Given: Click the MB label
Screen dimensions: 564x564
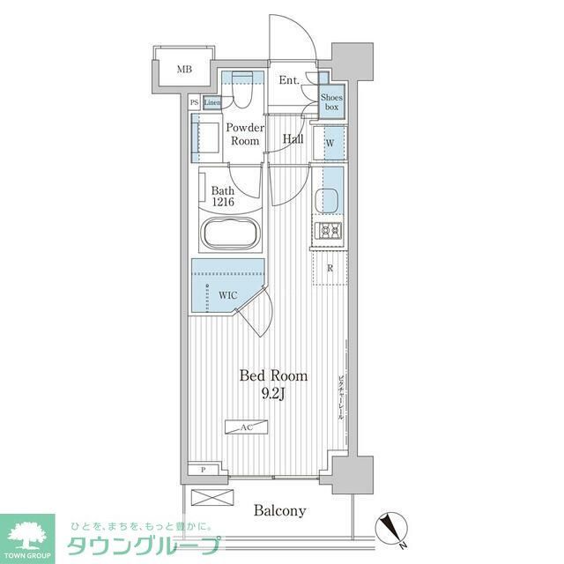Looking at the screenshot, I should tap(183, 69).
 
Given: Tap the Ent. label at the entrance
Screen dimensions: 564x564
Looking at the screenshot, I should tap(290, 81).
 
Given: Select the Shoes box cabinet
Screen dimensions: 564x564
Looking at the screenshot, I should tap(330, 100).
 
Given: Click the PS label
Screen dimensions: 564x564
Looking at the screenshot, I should tap(194, 103).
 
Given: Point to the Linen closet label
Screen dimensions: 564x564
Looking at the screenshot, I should tap(211, 103).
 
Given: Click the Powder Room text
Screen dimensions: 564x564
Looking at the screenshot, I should tap(245, 134).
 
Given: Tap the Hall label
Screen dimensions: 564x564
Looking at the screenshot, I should tap(293, 139).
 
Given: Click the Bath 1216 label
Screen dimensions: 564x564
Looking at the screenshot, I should tap(222, 194).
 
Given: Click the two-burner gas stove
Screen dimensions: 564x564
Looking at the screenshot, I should tap(330, 232).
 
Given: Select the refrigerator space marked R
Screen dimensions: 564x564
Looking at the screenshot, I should tap(330, 269).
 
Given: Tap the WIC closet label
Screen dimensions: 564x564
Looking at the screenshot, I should tap(228, 295).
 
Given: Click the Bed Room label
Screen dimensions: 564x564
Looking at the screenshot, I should tap(273, 376).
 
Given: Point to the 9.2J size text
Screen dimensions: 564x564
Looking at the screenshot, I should tap(273, 394).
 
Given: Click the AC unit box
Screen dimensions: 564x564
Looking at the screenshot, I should tap(247, 427).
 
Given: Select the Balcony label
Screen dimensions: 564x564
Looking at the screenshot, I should tap(280, 510).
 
